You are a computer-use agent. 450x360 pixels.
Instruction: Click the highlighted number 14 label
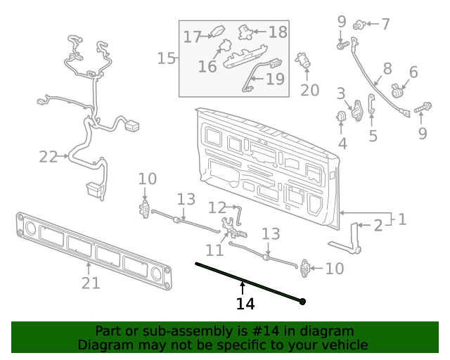(x=245, y=304)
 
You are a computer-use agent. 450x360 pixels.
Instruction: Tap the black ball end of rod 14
(x=302, y=302)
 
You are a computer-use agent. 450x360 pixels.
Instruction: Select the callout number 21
(x=91, y=283)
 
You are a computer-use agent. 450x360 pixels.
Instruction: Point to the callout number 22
(x=48, y=157)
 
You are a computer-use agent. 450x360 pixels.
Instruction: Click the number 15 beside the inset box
(x=166, y=58)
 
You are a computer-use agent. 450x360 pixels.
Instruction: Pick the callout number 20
(x=309, y=90)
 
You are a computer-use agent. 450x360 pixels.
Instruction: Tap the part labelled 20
(x=304, y=60)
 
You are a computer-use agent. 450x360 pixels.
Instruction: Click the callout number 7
(x=385, y=24)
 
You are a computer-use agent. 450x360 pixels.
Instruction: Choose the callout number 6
(x=413, y=72)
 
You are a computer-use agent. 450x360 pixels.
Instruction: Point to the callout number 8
(x=387, y=69)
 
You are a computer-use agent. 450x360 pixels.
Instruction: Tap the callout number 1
(x=402, y=219)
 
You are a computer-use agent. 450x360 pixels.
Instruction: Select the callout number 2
(x=378, y=225)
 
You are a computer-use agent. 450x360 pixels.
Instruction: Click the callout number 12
(x=217, y=207)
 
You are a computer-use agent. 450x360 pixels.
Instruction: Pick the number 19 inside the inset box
(x=275, y=79)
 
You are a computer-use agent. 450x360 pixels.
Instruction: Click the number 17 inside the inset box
(x=193, y=37)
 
